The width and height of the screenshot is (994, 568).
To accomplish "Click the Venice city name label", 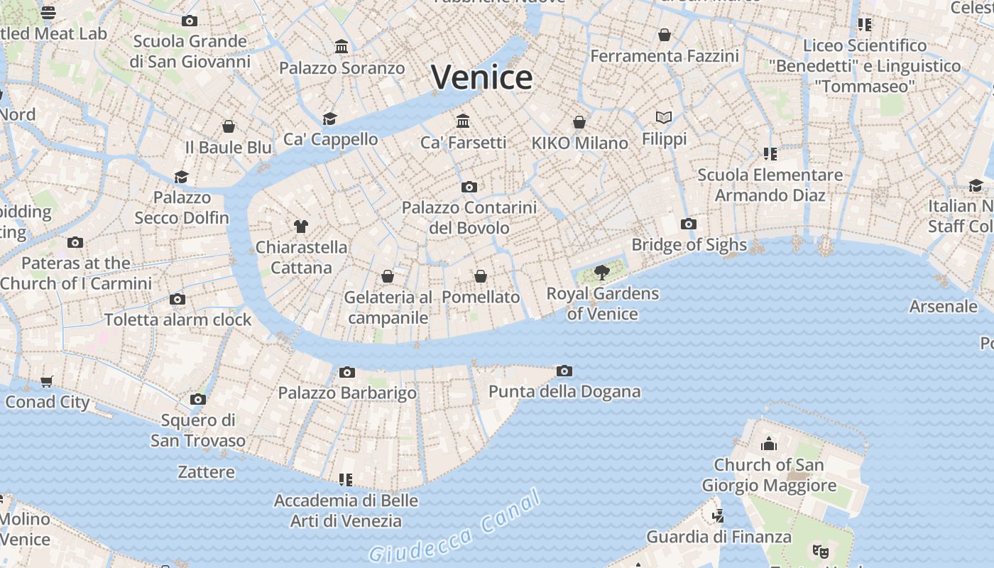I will tap(481, 77).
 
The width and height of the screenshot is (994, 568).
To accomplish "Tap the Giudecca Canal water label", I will tap(455, 528).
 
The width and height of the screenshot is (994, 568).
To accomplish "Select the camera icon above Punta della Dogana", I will tap(564, 371).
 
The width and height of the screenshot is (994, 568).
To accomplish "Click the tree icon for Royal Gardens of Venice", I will tap(602, 272).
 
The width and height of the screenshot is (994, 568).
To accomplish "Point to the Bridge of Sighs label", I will tap(689, 245).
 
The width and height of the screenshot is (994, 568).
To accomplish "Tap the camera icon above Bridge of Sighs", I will tap(688, 224).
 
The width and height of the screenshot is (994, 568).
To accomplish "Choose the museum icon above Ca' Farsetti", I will tap(464, 121).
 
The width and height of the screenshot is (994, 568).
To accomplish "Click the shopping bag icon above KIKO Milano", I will tap(579, 122).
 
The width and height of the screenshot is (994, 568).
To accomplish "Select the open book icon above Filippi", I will tap(664, 117).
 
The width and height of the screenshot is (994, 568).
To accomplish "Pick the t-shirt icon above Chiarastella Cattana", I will tap(301, 226).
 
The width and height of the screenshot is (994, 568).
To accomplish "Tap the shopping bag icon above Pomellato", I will tap(481, 276).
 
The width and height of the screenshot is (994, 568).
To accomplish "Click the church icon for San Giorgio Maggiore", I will tap(769, 444).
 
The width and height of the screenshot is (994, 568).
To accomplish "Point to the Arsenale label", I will tap(944, 307).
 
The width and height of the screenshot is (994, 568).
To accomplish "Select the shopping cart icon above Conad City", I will tap(47, 382).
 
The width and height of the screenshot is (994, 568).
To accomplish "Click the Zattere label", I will tap(206, 472).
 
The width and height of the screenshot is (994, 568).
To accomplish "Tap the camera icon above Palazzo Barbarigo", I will tap(347, 372).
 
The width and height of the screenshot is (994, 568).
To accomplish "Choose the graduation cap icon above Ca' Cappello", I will tap(329, 119).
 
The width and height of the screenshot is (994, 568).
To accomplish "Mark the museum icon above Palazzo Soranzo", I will tap(342, 47).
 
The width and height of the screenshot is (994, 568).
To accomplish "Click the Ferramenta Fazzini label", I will tap(665, 56).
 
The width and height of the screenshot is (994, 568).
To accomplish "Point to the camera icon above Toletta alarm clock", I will tap(177, 300).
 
